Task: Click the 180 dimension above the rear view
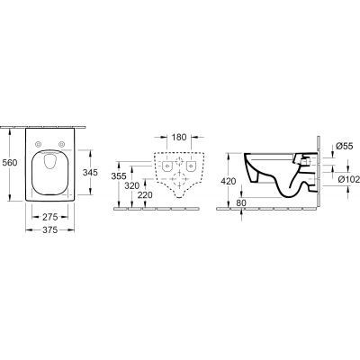(179, 137)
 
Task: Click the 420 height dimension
(229, 180)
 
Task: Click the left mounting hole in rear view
(168, 166)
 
